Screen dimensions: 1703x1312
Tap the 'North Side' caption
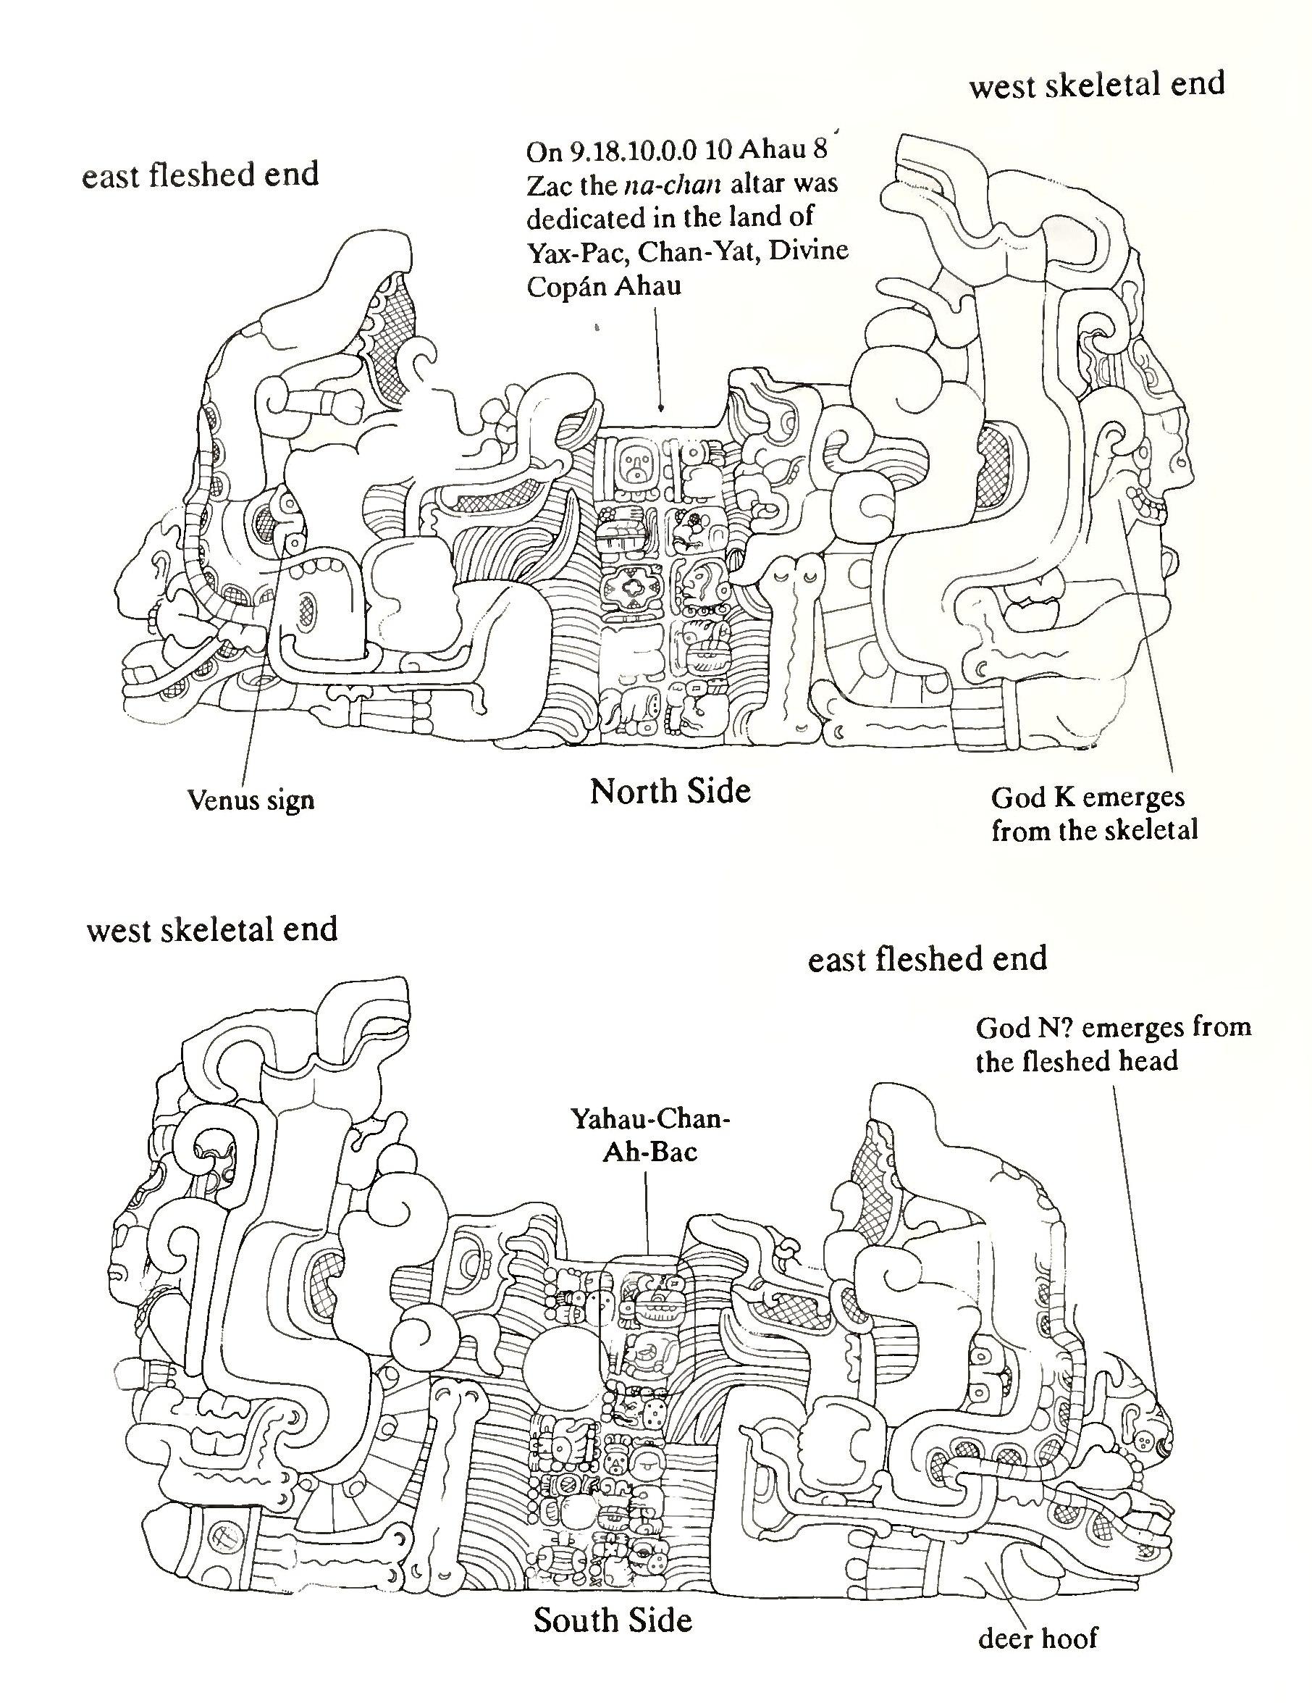(x=670, y=792)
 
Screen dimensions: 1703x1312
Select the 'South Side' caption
(x=612, y=1620)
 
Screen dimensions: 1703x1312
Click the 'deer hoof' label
(x=1037, y=1639)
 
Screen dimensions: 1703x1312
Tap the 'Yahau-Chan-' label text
(x=650, y=1120)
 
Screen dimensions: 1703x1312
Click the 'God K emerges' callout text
(x=1088, y=797)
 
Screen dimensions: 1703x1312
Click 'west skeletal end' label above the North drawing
(x=1097, y=84)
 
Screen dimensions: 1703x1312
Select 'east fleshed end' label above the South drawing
(x=927, y=959)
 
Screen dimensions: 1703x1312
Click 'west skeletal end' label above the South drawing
(x=212, y=929)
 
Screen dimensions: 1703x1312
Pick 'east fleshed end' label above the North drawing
(x=201, y=175)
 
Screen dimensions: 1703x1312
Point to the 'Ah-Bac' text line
(x=649, y=1152)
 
